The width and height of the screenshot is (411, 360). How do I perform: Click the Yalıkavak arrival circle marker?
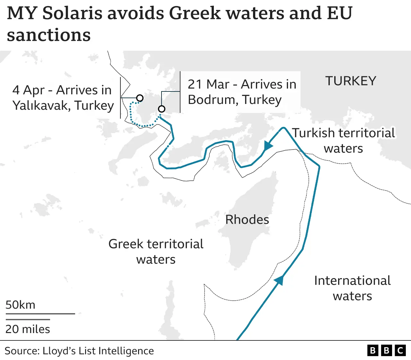tap(140, 98)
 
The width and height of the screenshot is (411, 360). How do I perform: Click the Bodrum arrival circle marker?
tap(162, 109)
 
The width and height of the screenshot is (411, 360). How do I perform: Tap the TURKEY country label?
tap(351, 81)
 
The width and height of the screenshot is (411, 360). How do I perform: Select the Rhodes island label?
tap(247, 220)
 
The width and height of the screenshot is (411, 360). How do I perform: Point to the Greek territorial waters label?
tap(156, 252)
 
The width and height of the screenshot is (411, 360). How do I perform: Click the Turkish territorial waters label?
tap(343, 141)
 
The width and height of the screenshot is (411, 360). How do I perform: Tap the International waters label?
tap(352, 288)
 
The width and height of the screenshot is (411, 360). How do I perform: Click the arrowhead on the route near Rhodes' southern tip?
tap(279, 280)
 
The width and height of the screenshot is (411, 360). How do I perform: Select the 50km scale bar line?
tap(40, 314)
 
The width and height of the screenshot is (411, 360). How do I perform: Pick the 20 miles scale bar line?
tap(28, 320)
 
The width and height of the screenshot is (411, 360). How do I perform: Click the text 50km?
tap(20, 305)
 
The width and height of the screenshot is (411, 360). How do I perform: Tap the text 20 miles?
tap(28, 329)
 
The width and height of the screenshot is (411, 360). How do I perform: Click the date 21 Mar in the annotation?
tap(208, 84)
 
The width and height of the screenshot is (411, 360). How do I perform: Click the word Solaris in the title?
tap(72, 13)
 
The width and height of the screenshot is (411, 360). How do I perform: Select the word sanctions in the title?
tap(48, 35)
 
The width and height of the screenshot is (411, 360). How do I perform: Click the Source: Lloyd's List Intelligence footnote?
tap(79, 351)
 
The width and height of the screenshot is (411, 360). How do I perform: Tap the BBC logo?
tap(386, 350)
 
